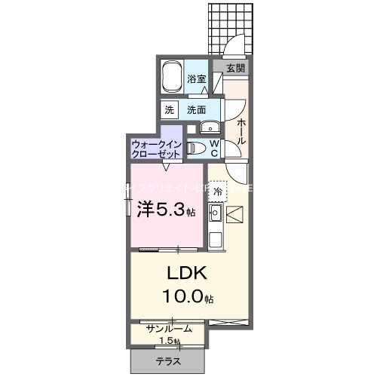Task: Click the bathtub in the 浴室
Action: click(173, 77)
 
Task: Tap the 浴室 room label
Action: click(198, 78)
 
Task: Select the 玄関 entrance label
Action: click(234, 67)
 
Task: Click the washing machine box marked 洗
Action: click(169, 109)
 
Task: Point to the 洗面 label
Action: click(197, 109)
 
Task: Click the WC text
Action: click(213, 147)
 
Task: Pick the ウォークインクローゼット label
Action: click(155, 148)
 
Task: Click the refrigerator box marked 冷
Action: click(217, 193)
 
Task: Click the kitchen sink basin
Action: click(213, 219)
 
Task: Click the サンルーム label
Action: click(169, 329)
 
